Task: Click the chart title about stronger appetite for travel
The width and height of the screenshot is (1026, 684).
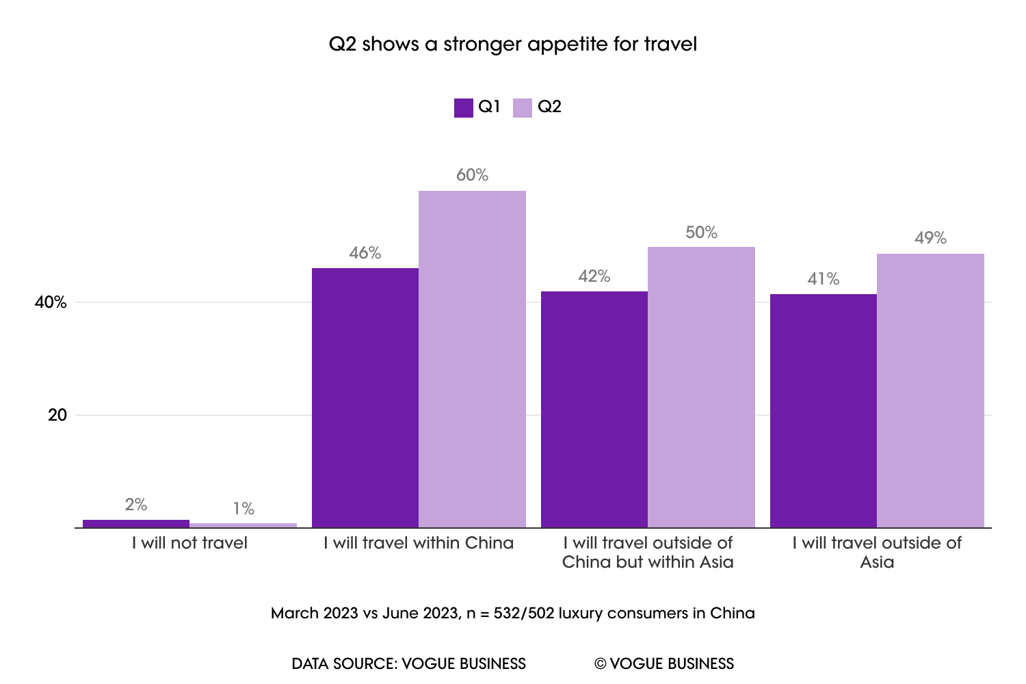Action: (513, 44)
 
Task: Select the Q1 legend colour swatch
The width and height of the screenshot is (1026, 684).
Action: (464, 107)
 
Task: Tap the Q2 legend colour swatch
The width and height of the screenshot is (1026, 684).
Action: (523, 107)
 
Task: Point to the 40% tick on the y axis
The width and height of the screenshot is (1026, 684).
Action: (51, 302)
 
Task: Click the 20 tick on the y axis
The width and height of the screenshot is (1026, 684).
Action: (57, 415)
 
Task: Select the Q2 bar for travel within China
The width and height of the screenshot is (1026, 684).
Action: (472, 359)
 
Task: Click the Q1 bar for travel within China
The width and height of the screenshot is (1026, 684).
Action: (365, 397)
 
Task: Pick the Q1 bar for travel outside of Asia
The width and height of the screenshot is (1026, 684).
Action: (824, 410)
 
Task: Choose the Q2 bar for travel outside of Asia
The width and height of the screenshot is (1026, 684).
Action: (930, 391)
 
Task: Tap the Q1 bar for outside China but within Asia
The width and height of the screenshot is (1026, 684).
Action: (594, 409)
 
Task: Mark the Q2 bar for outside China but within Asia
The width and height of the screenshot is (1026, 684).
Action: (701, 387)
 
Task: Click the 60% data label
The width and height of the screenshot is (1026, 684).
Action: (472, 175)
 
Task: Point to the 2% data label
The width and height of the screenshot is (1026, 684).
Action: (136, 505)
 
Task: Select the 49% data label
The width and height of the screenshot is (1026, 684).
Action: (930, 238)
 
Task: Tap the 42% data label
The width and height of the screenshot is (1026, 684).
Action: (594, 276)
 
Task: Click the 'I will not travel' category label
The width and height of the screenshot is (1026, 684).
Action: (189, 543)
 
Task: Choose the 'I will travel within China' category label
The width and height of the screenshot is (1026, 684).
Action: (419, 543)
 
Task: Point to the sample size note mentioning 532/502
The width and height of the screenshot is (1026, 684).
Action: (513, 613)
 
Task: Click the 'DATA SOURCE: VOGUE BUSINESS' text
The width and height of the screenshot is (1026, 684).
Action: (409, 663)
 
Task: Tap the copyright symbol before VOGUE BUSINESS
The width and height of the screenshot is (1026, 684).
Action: (601, 664)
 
